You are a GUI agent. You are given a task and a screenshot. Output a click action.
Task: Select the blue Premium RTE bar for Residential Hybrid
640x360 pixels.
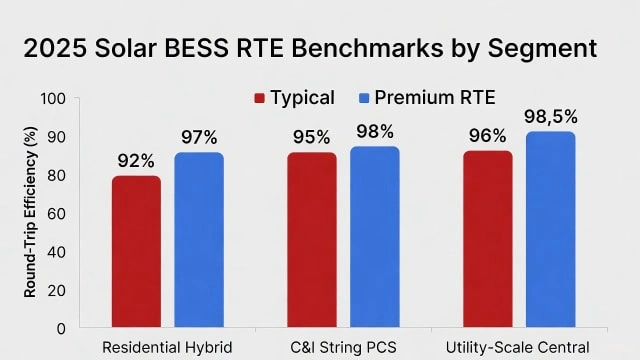click(x=199, y=240)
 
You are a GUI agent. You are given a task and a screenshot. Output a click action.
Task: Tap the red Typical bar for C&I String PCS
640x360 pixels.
click(x=311, y=240)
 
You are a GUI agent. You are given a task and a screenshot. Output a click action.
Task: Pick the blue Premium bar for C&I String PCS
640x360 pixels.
click(x=374, y=237)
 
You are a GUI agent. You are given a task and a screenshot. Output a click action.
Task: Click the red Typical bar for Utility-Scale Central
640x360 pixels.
click(x=487, y=239)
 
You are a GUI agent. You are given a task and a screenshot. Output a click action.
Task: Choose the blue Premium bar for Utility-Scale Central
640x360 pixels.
click(x=550, y=230)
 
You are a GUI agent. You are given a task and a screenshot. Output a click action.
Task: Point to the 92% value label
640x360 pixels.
click(x=135, y=161)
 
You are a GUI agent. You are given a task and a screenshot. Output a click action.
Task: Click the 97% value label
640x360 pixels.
click(x=200, y=137)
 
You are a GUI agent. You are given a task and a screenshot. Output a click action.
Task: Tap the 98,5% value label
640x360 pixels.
click(x=550, y=117)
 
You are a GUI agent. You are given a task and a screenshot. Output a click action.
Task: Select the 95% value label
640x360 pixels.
click(x=311, y=137)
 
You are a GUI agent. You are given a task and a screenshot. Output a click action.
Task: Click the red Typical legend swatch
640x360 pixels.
click(x=260, y=98)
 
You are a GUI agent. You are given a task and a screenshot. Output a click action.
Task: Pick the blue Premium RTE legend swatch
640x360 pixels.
click(x=365, y=98)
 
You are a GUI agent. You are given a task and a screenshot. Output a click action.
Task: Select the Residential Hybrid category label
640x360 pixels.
click(x=167, y=347)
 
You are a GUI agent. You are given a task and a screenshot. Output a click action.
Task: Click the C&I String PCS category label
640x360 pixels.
click(x=343, y=347)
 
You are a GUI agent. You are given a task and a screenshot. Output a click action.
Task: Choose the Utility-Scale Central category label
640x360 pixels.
click(x=518, y=347)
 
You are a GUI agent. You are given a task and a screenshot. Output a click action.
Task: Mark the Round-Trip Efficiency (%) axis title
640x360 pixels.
click(x=29, y=214)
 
